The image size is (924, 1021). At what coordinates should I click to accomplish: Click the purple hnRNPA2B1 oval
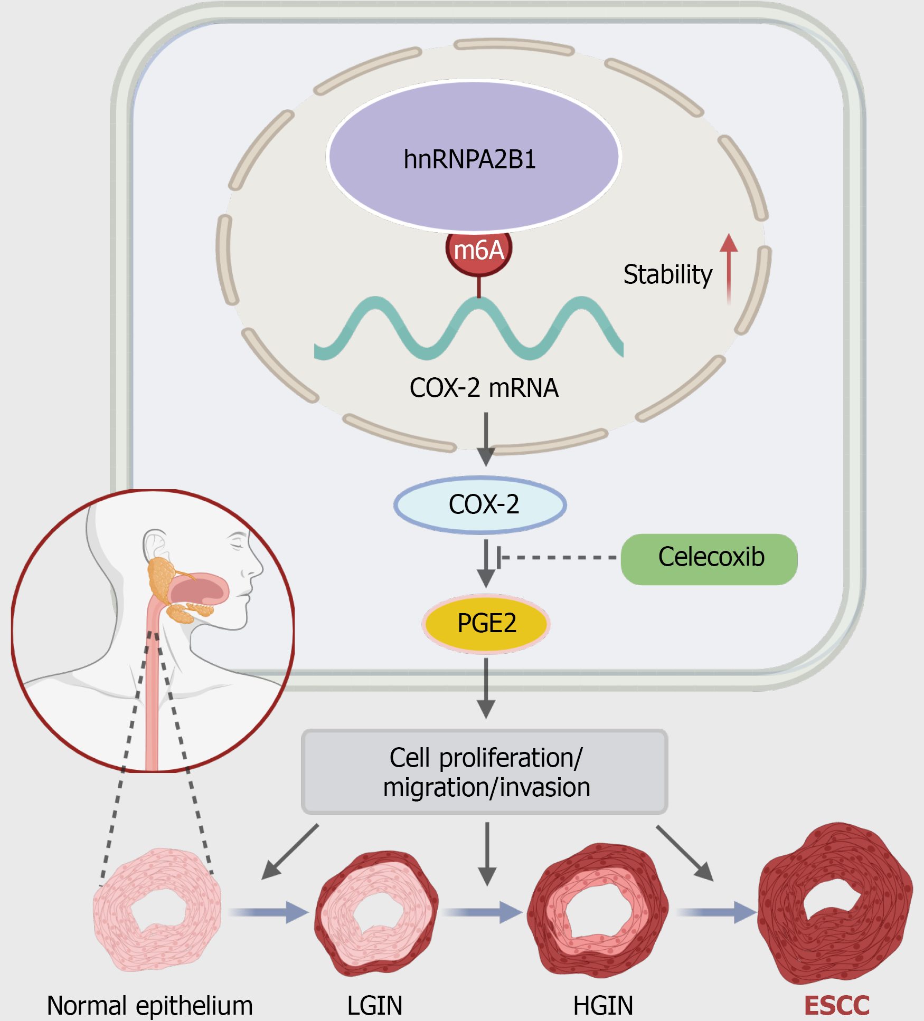[x=474, y=156]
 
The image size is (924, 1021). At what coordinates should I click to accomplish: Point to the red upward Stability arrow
[x=729, y=269]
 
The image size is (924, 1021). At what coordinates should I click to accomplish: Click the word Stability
[x=668, y=274]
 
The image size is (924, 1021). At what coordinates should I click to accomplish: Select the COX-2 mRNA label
[x=484, y=388]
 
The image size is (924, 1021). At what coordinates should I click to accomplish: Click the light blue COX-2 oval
[x=480, y=505]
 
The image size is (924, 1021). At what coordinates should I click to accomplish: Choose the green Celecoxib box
[x=709, y=559]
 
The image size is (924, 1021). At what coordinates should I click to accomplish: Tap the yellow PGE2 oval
[x=486, y=624]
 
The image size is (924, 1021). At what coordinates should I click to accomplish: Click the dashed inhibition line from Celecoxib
[x=557, y=557]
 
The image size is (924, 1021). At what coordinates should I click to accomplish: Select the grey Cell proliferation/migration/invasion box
[x=485, y=772]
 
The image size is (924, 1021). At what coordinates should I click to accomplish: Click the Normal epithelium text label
[x=150, y=1006]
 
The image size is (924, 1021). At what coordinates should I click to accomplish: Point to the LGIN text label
[x=375, y=1006]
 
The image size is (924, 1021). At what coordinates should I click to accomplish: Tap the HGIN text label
[x=603, y=1006]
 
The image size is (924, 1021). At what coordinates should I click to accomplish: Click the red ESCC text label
[x=837, y=1006]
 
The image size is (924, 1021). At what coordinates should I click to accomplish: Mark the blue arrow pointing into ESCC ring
[x=717, y=912]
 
